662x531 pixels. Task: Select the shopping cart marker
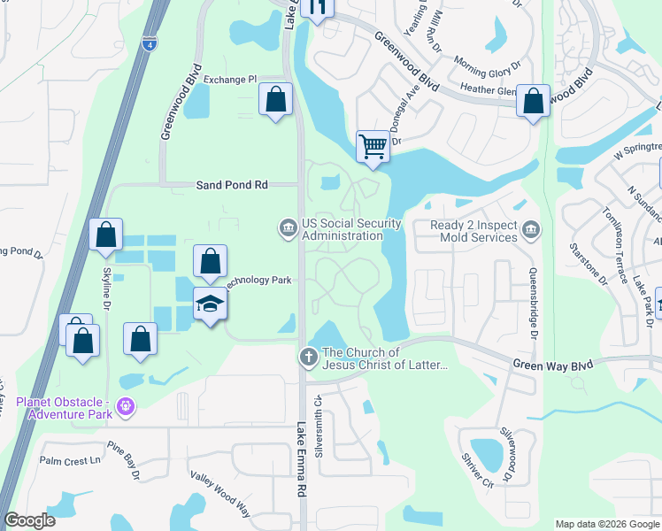tap(373, 147)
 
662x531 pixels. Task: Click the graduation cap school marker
tap(209, 305)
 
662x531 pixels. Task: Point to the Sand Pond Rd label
tap(231, 185)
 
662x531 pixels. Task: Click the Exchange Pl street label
tap(229, 80)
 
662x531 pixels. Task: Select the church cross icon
tap(308, 357)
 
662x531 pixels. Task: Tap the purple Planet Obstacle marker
tap(127, 407)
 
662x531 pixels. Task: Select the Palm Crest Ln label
tap(71, 461)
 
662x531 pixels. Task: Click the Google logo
tap(30, 520)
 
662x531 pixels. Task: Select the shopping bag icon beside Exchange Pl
tap(276, 101)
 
